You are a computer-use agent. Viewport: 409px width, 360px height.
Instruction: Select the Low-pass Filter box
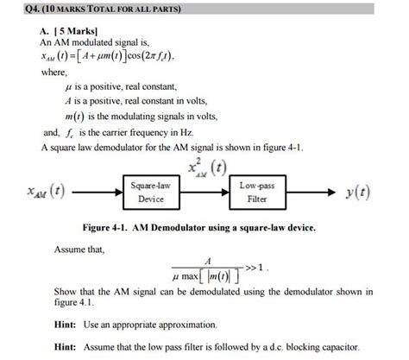tap(256, 192)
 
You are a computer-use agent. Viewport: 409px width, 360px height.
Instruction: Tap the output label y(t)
tap(354, 192)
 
